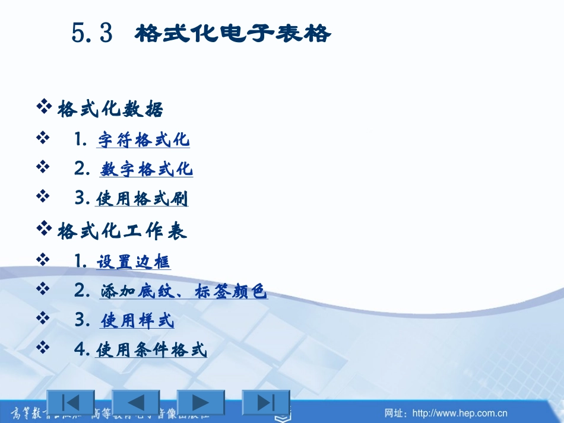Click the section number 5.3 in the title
(92, 34)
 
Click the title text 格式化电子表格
(233, 34)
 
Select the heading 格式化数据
(110, 110)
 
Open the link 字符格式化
(144, 140)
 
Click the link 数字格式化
(147, 170)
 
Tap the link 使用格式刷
(142, 199)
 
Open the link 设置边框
(134, 262)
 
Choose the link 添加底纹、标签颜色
(183, 292)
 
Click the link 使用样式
(138, 322)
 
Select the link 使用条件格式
(151, 351)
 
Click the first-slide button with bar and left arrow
(71, 402)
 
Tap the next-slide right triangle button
(201, 402)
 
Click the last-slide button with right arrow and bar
(266, 402)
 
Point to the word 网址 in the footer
(395, 413)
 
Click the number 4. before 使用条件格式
(83, 349)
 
